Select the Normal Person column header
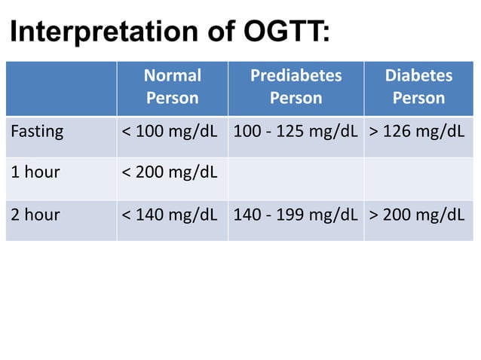(x=173, y=87)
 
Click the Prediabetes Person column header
(x=296, y=87)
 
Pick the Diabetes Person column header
(x=418, y=87)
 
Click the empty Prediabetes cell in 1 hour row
(x=296, y=178)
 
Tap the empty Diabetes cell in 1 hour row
(x=418, y=178)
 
